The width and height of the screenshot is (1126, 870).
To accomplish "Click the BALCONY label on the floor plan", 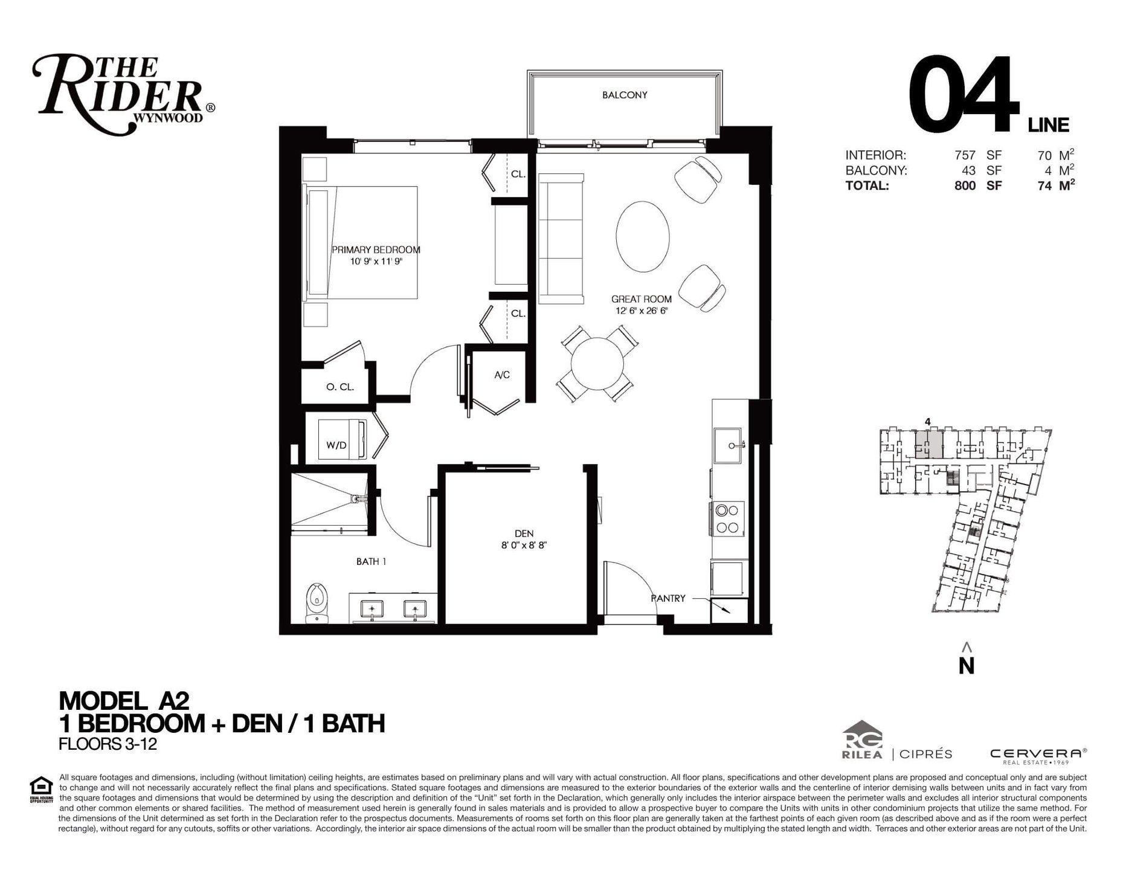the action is [625, 95].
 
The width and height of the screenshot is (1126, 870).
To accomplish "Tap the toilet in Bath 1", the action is [316, 602].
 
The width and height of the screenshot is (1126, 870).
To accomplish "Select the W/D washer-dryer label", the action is [336, 445].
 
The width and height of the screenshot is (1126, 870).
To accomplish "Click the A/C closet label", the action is [502, 375].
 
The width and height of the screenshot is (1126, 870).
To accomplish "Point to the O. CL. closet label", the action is [340, 387].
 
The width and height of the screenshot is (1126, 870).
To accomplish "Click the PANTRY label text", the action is [668, 598].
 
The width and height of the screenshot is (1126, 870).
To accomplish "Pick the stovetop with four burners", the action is [727, 518].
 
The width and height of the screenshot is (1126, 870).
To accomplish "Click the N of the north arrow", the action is [967, 665].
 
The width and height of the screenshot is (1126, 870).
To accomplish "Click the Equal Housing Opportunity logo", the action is [41, 789].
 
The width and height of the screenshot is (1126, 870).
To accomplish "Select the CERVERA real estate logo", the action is [1038, 755].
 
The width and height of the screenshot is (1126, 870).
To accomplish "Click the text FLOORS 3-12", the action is [108, 744].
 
